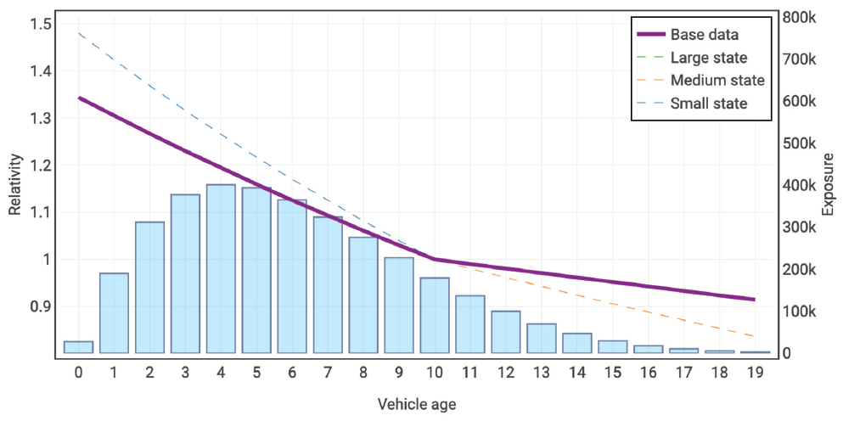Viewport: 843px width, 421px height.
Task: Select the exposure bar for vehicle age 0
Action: point(78,347)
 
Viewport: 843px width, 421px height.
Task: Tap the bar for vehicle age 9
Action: point(399,305)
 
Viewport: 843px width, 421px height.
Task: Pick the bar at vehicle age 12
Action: point(506,332)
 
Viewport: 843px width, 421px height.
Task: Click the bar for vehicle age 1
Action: point(114,312)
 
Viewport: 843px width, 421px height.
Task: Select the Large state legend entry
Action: point(708,58)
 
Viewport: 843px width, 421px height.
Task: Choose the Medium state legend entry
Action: point(717,81)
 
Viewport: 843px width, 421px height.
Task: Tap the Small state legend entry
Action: point(708,104)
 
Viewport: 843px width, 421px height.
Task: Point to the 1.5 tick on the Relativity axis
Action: point(39,24)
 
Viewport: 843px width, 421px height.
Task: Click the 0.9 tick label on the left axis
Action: point(39,306)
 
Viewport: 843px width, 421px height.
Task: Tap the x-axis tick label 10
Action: point(434,372)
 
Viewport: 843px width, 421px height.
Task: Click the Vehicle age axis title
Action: point(416,404)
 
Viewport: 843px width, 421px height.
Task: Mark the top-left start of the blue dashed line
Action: point(78,33)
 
